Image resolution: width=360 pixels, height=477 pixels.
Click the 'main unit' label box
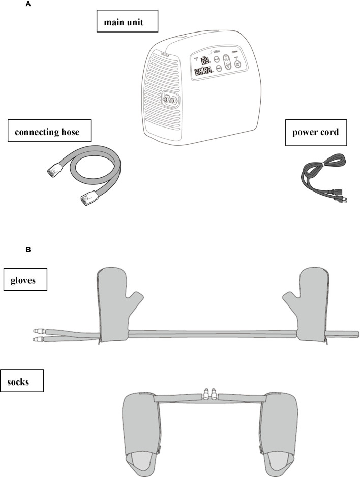click(x=128, y=22)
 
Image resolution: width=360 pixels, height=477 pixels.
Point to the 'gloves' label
click(x=25, y=280)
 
